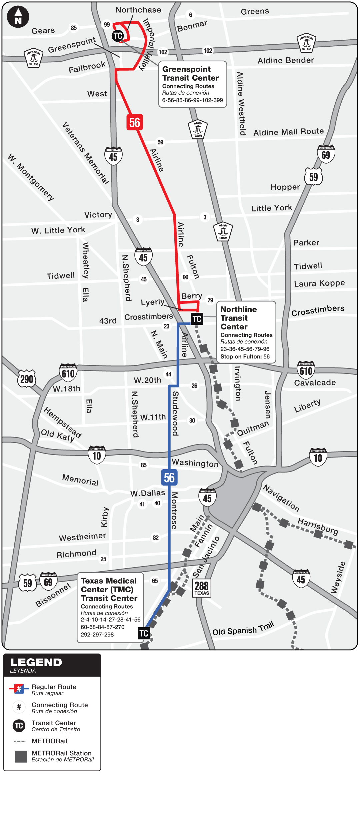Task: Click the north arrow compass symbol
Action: pos(18,17)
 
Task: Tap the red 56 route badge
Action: pos(135,122)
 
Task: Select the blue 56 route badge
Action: pos(169,478)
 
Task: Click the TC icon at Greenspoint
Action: pos(118,36)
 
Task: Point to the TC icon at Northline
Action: pos(197,319)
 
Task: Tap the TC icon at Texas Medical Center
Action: pos(144,633)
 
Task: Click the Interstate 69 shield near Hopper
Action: pos(326,154)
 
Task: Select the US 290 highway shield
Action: pos(27,379)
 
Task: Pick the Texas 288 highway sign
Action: pos(202,588)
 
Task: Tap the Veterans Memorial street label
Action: pos(86,153)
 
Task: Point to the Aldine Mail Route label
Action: pos(288,132)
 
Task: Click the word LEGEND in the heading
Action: pos(36,662)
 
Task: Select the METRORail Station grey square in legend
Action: pos(21,757)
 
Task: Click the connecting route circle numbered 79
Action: pos(210,300)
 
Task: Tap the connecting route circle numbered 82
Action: pos(156,538)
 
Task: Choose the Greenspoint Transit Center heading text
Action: pos(190,73)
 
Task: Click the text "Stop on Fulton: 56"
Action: pos(245,356)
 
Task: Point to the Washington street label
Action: pos(195,463)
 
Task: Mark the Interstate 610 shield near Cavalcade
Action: pos(306,370)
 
